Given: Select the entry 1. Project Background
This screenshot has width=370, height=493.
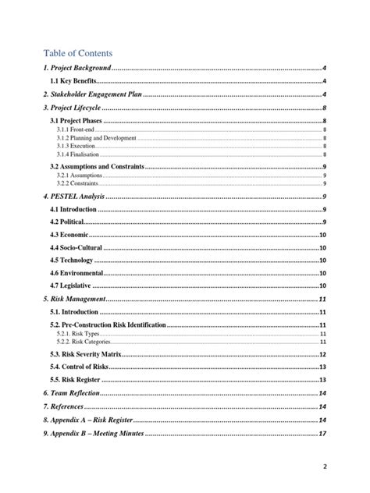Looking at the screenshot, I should pyautogui.click(x=77, y=69).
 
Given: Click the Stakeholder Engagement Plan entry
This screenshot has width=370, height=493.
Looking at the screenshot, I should pyautogui.click(x=93, y=94).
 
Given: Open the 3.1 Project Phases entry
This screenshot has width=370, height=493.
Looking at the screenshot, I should pyautogui.click(x=76, y=122).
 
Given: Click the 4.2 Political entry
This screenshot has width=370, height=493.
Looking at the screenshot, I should pyautogui.click(x=68, y=222).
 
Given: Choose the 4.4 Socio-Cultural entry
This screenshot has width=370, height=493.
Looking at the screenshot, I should pyautogui.click(x=76, y=247).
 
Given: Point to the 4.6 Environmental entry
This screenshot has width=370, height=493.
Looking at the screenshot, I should pyautogui.click(x=76, y=273).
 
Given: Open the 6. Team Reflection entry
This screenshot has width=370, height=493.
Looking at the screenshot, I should pyautogui.click(x=72, y=393).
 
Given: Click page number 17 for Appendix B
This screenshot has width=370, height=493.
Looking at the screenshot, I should pyautogui.click(x=322, y=433).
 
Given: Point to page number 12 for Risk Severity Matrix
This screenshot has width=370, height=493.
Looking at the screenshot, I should pyautogui.click(x=322, y=354).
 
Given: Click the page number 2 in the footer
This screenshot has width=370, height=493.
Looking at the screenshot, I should pyautogui.click(x=323, y=466).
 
